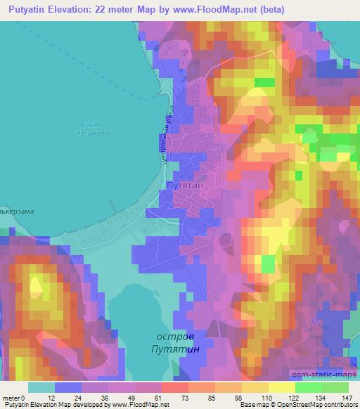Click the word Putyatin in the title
pos(28,8)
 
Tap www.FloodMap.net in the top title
pos(229,8)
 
